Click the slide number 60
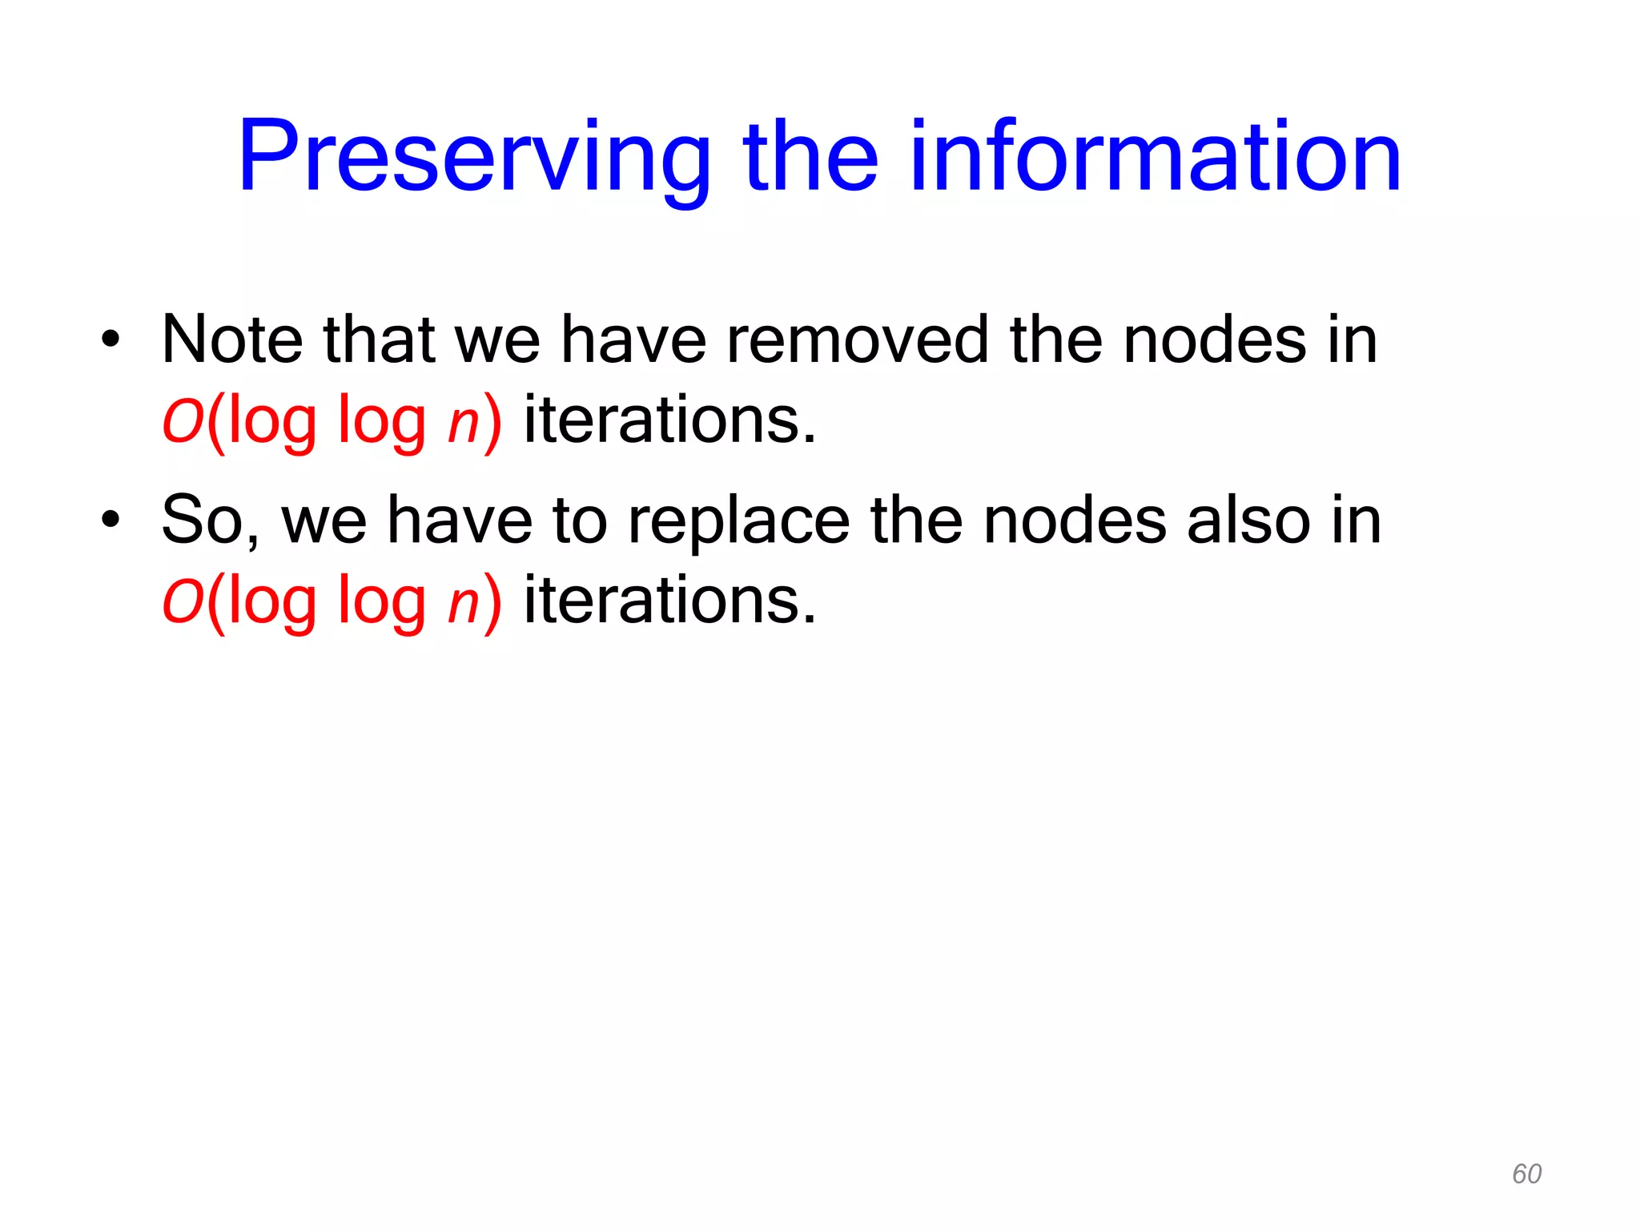1526,1174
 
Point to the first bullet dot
111,340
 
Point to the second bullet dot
111,520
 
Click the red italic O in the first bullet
183,421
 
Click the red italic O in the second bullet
183,602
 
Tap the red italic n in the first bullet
463,424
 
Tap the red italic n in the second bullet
463,605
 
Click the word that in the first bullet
379,340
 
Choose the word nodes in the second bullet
1075,521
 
